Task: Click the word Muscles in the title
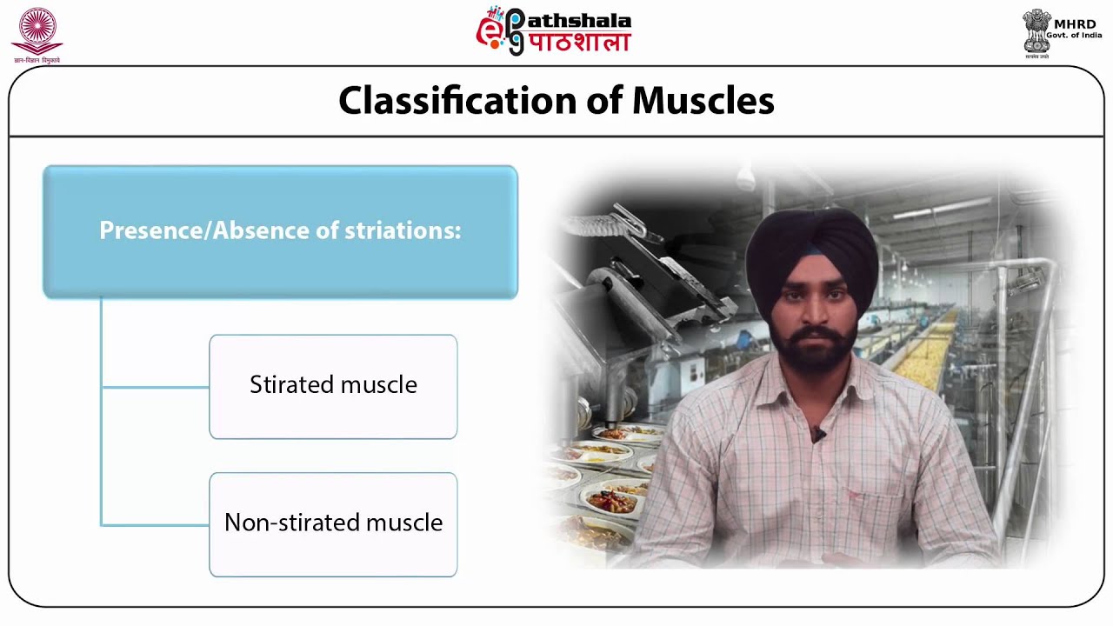click(703, 101)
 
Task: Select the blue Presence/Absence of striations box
click(280, 231)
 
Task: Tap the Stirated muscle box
click(333, 386)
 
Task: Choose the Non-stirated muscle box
click(333, 523)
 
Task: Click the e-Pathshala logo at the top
click(554, 31)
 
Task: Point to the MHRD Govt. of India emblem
click(1036, 32)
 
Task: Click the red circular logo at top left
click(37, 30)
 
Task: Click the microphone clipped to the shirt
click(818, 432)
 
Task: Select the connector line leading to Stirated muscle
click(155, 387)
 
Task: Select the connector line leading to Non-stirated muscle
click(155, 525)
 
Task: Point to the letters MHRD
click(1074, 23)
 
